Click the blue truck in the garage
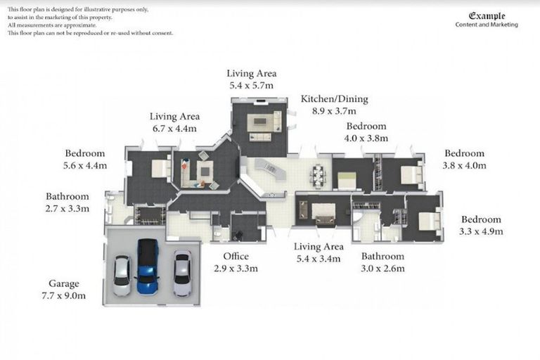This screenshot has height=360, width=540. click(148, 266)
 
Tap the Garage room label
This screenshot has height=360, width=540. click(64, 284)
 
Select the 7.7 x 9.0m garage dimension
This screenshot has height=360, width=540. click(64, 295)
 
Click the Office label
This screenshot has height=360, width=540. click(236, 257)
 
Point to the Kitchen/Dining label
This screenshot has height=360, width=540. click(335, 99)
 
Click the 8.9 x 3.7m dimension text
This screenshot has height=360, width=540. click(334, 111)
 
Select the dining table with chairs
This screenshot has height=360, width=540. click(319, 176)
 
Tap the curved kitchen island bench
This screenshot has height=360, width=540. click(270, 170)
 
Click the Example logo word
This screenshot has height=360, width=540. click(487, 16)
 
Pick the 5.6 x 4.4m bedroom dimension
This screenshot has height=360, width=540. click(85, 165)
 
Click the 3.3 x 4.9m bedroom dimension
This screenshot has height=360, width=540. click(481, 231)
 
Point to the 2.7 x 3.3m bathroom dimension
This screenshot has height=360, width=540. click(67, 208)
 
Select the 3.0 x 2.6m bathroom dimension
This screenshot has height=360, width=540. click(382, 269)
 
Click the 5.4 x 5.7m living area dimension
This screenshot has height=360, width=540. click(252, 85)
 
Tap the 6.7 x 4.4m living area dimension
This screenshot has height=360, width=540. click(174, 129)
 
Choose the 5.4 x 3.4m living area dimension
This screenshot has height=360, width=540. click(319, 258)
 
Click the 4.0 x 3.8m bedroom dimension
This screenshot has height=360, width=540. click(366, 138)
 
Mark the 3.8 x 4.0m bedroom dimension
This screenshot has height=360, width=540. click(465, 165)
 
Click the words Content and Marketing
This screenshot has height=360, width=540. click(487, 25)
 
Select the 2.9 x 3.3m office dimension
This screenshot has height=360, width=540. click(236, 269)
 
